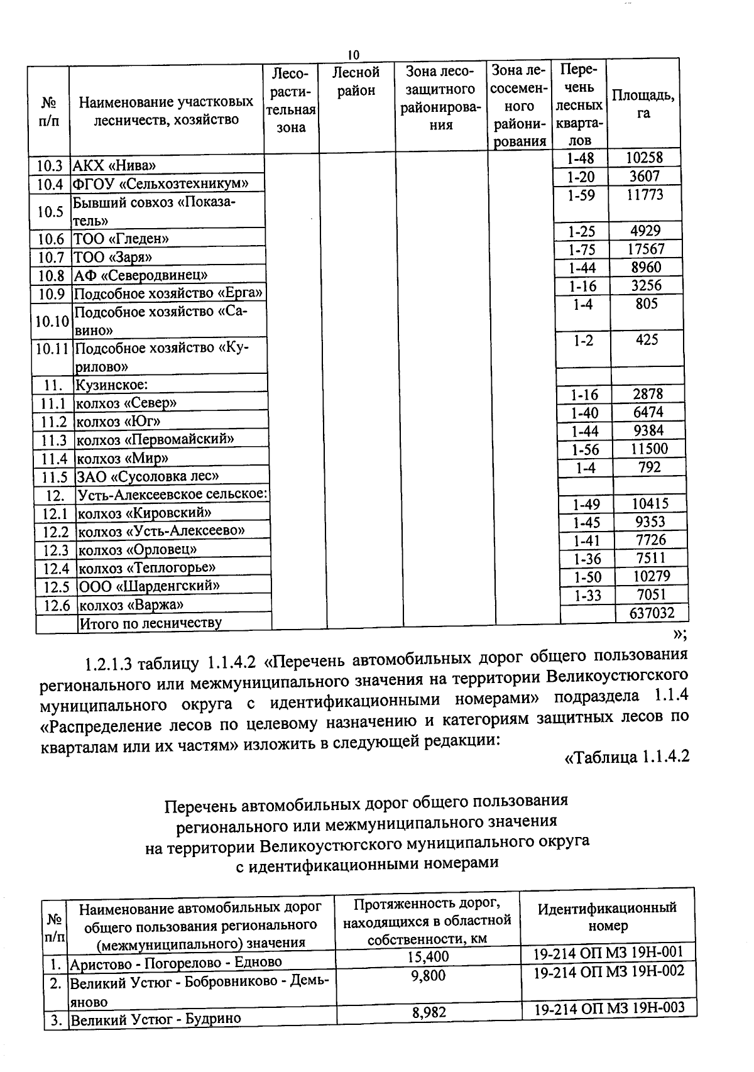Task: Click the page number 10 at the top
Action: pos(353,54)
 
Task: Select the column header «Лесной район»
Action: pos(356,82)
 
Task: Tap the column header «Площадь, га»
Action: pos(643,104)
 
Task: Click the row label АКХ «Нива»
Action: pos(114,166)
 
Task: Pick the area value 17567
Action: pos(646,249)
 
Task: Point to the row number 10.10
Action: pos(52,322)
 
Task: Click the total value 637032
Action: pos(652,613)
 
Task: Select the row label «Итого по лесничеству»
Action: pos(150,623)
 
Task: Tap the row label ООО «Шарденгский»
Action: pos(149,586)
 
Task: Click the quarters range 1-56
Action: pos(585,450)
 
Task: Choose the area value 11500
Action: pos(650,449)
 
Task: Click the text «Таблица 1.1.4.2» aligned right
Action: pos(627,757)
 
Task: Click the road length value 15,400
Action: pos(429,956)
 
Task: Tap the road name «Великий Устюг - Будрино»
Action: pos(155,1019)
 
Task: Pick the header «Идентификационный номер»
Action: pos(607,916)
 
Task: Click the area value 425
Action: pos(647,340)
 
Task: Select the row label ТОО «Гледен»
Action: pos(121,239)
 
